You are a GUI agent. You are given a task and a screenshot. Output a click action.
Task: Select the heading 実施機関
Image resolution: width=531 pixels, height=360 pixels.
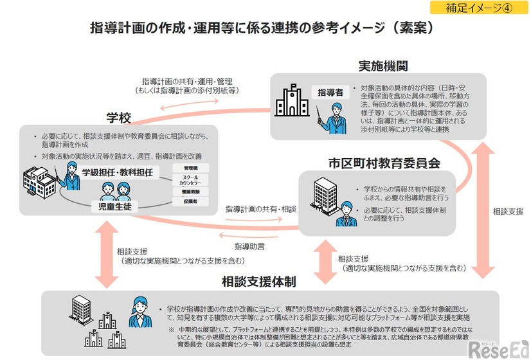click(x=383, y=66)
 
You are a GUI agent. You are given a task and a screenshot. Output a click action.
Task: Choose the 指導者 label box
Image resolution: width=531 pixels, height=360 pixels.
click(x=330, y=93)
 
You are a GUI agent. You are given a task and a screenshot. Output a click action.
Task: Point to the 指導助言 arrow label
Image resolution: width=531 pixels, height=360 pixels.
click(x=250, y=246)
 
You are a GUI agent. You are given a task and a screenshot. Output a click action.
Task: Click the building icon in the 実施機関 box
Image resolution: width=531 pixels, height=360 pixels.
click(x=291, y=101)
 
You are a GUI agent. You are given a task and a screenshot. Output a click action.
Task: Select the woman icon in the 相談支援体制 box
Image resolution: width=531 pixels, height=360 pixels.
click(x=138, y=310)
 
